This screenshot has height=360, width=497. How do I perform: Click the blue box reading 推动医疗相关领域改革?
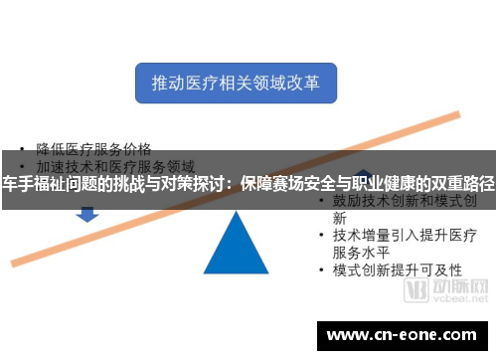(x=236, y=83)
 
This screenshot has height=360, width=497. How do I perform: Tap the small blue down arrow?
(x=86, y=213)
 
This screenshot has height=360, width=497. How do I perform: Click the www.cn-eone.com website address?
(x=401, y=334)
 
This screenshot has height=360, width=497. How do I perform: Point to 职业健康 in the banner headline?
(x=373, y=184)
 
